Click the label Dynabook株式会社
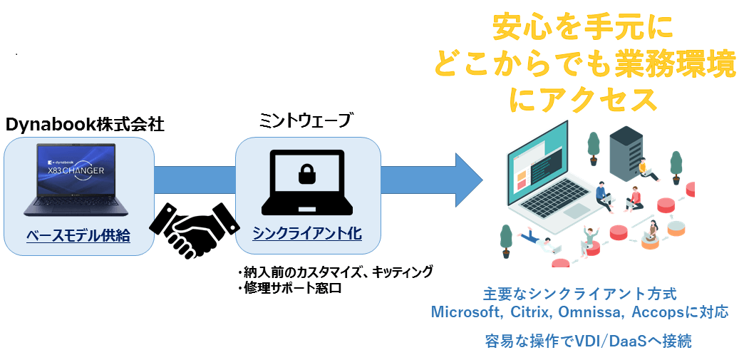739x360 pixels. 85,125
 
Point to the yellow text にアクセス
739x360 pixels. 583,99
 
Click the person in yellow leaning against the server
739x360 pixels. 646,169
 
